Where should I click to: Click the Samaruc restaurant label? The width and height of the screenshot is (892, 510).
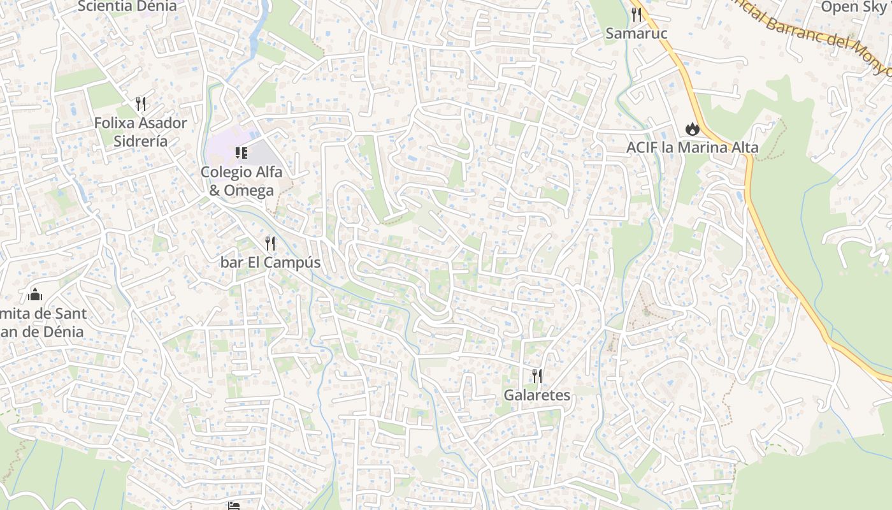tap(636, 33)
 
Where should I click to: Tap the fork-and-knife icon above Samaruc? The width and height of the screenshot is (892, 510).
tap(636, 14)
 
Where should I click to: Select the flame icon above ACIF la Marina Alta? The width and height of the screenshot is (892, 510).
tap(692, 129)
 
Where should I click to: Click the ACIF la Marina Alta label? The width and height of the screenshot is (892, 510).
tap(692, 148)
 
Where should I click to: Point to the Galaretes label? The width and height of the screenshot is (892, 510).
tap(536, 395)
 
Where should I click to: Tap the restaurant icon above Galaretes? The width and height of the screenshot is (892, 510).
tap(536, 376)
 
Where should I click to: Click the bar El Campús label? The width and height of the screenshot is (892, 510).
tap(270, 262)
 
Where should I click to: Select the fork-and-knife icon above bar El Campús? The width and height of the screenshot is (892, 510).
tap(270, 243)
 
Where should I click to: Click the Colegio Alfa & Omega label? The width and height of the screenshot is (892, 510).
tap(241, 181)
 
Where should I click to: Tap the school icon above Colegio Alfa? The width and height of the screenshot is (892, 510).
tap(241, 152)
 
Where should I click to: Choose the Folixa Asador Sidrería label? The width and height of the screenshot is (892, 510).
tap(141, 132)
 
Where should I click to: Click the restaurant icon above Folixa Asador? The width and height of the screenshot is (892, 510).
tap(141, 103)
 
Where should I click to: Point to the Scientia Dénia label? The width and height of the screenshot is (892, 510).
tap(127, 6)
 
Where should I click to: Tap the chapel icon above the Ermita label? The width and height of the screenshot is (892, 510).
tap(35, 295)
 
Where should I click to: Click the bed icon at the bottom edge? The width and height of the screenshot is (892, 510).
tap(234, 506)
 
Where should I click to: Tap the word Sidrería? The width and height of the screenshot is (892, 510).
tap(141, 141)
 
